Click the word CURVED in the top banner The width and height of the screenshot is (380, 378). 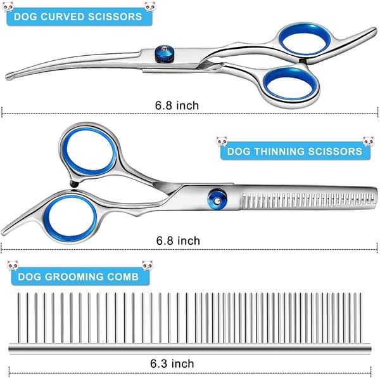[x=62, y=16]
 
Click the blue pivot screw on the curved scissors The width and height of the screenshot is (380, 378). [x=164, y=53]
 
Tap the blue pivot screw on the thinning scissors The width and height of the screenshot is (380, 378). [x=217, y=199]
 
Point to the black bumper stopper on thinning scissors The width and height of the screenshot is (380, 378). [x=74, y=184]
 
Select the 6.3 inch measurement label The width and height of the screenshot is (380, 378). [x=172, y=363]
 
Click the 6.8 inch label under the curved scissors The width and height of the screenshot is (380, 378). [x=177, y=105]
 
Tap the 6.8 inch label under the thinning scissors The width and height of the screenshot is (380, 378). [x=178, y=240]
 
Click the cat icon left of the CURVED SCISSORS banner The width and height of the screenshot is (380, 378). [x=8, y=6]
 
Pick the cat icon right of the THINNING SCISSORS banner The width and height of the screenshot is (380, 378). [x=368, y=141]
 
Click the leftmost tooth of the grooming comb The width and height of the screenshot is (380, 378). [x=18, y=318]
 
